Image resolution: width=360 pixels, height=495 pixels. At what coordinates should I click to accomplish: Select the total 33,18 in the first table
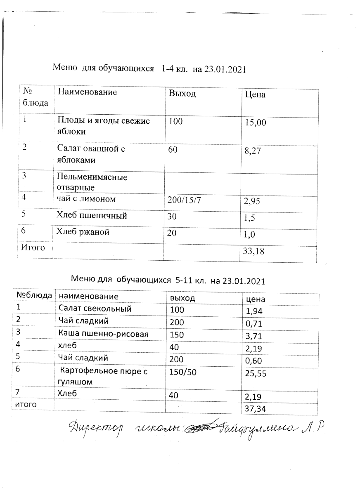pos(255,251)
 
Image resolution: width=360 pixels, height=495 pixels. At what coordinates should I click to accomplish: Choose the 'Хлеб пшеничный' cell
pos(91,215)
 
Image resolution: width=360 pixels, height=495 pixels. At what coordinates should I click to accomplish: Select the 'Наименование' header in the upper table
pos(87,92)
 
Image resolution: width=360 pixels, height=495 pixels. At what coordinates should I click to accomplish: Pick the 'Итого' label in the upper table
pos(33,247)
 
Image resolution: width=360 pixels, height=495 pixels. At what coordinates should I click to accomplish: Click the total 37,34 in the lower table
pos(255,408)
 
